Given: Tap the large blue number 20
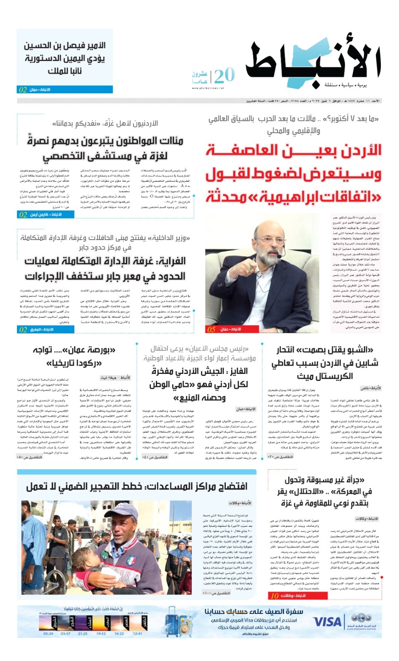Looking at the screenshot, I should click(x=224, y=76).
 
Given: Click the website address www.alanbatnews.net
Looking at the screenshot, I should click(x=208, y=88).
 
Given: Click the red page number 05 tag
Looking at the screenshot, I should click(x=211, y=329).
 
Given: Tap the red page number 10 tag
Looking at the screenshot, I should click(x=274, y=596).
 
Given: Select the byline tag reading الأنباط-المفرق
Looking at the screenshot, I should click(x=42, y=329).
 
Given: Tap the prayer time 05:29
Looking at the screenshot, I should click(x=48, y=633).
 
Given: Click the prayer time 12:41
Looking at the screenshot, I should click(x=138, y=633).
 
